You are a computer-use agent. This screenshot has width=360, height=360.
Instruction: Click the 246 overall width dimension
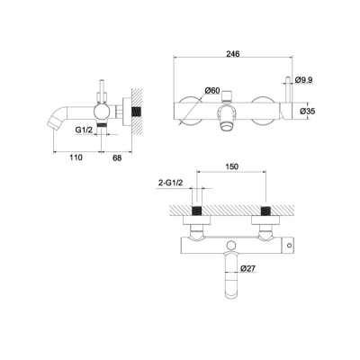coord(233,54)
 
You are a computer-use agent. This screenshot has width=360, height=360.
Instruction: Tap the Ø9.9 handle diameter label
coord(303,80)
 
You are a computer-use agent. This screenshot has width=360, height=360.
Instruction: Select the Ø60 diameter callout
coord(212,90)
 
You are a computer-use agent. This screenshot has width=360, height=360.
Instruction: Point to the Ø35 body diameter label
coord(307,112)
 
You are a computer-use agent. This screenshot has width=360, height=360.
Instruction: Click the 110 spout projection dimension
coord(76,157)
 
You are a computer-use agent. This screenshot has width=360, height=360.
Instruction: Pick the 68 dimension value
coord(117,157)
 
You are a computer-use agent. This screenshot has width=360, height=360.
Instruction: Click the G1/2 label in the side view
coord(84,130)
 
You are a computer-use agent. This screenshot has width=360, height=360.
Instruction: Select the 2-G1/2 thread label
coord(170,183)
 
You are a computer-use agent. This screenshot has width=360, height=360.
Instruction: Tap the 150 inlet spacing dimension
coord(231,166)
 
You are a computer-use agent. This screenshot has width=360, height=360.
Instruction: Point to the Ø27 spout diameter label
coord(247,268)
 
